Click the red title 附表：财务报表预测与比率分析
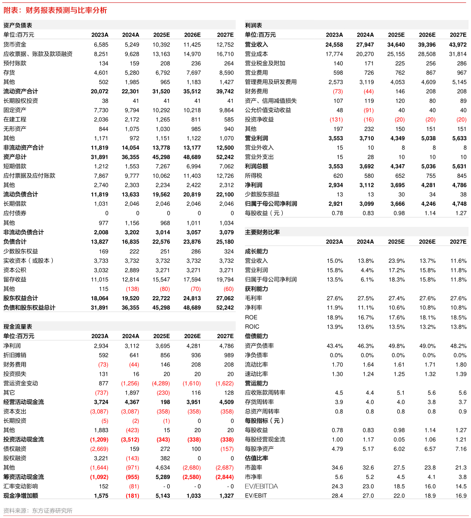click(x=55, y=10)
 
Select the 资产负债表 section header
click(x=18, y=25)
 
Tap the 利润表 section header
click(x=253, y=25)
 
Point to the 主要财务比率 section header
click(x=262, y=232)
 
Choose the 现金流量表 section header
click(x=18, y=326)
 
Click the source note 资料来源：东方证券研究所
click(x=38, y=511)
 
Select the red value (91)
click(x=368, y=110)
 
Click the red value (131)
click(x=336, y=120)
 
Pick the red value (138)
click(x=132, y=289)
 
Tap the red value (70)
click(x=196, y=289)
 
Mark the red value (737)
click(x=101, y=393)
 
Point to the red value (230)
click(x=163, y=393)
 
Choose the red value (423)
click(x=132, y=430)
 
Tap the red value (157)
click(x=227, y=449)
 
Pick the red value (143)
click(x=132, y=458)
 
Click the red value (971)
click(x=132, y=468)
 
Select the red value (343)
click(x=163, y=440)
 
